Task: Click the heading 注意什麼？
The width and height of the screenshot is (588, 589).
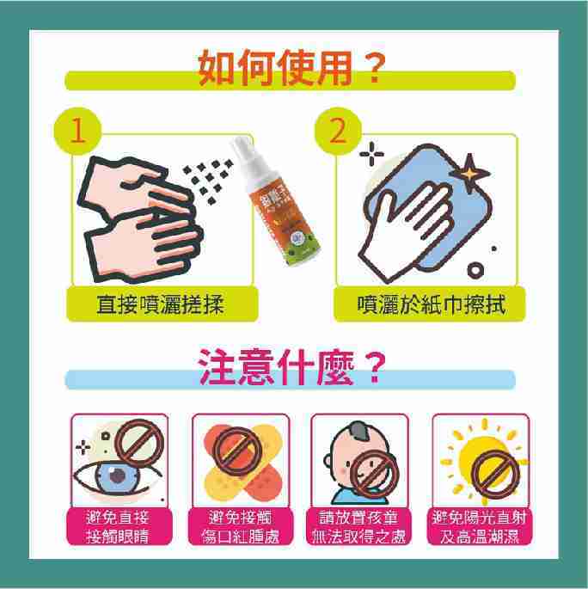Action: coord(290,368)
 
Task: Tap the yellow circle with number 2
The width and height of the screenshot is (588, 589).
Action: coord(337,131)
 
